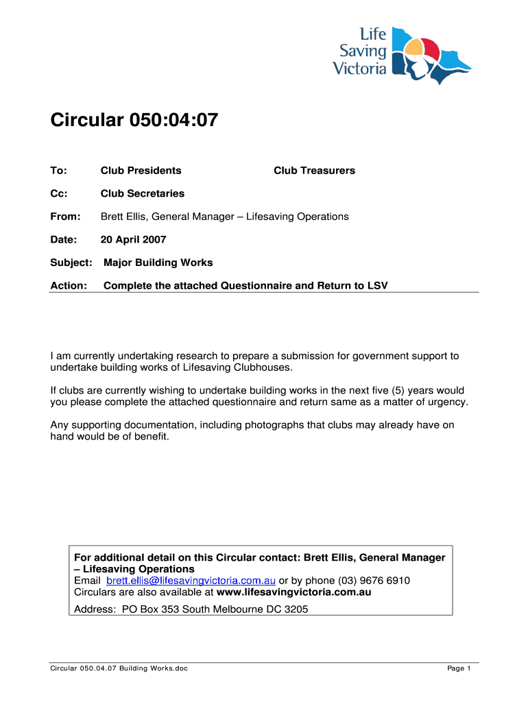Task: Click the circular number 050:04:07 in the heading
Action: click(x=173, y=121)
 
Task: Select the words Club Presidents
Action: click(x=141, y=171)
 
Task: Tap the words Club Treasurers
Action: click(x=314, y=171)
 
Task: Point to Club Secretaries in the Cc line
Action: click(x=142, y=194)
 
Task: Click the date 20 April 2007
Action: click(x=133, y=240)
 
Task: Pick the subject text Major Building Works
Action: click(x=158, y=263)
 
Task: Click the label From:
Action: click(x=65, y=217)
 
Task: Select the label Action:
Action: click(x=69, y=286)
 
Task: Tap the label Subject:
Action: click(x=71, y=263)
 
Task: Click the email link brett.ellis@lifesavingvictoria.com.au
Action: click(x=191, y=581)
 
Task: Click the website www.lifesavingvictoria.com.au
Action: click(x=293, y=592)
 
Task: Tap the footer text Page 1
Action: click(x=459, y=668)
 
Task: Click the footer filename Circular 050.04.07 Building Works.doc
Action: click(x=119, y=668)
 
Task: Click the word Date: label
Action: click(x=64, y=240)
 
